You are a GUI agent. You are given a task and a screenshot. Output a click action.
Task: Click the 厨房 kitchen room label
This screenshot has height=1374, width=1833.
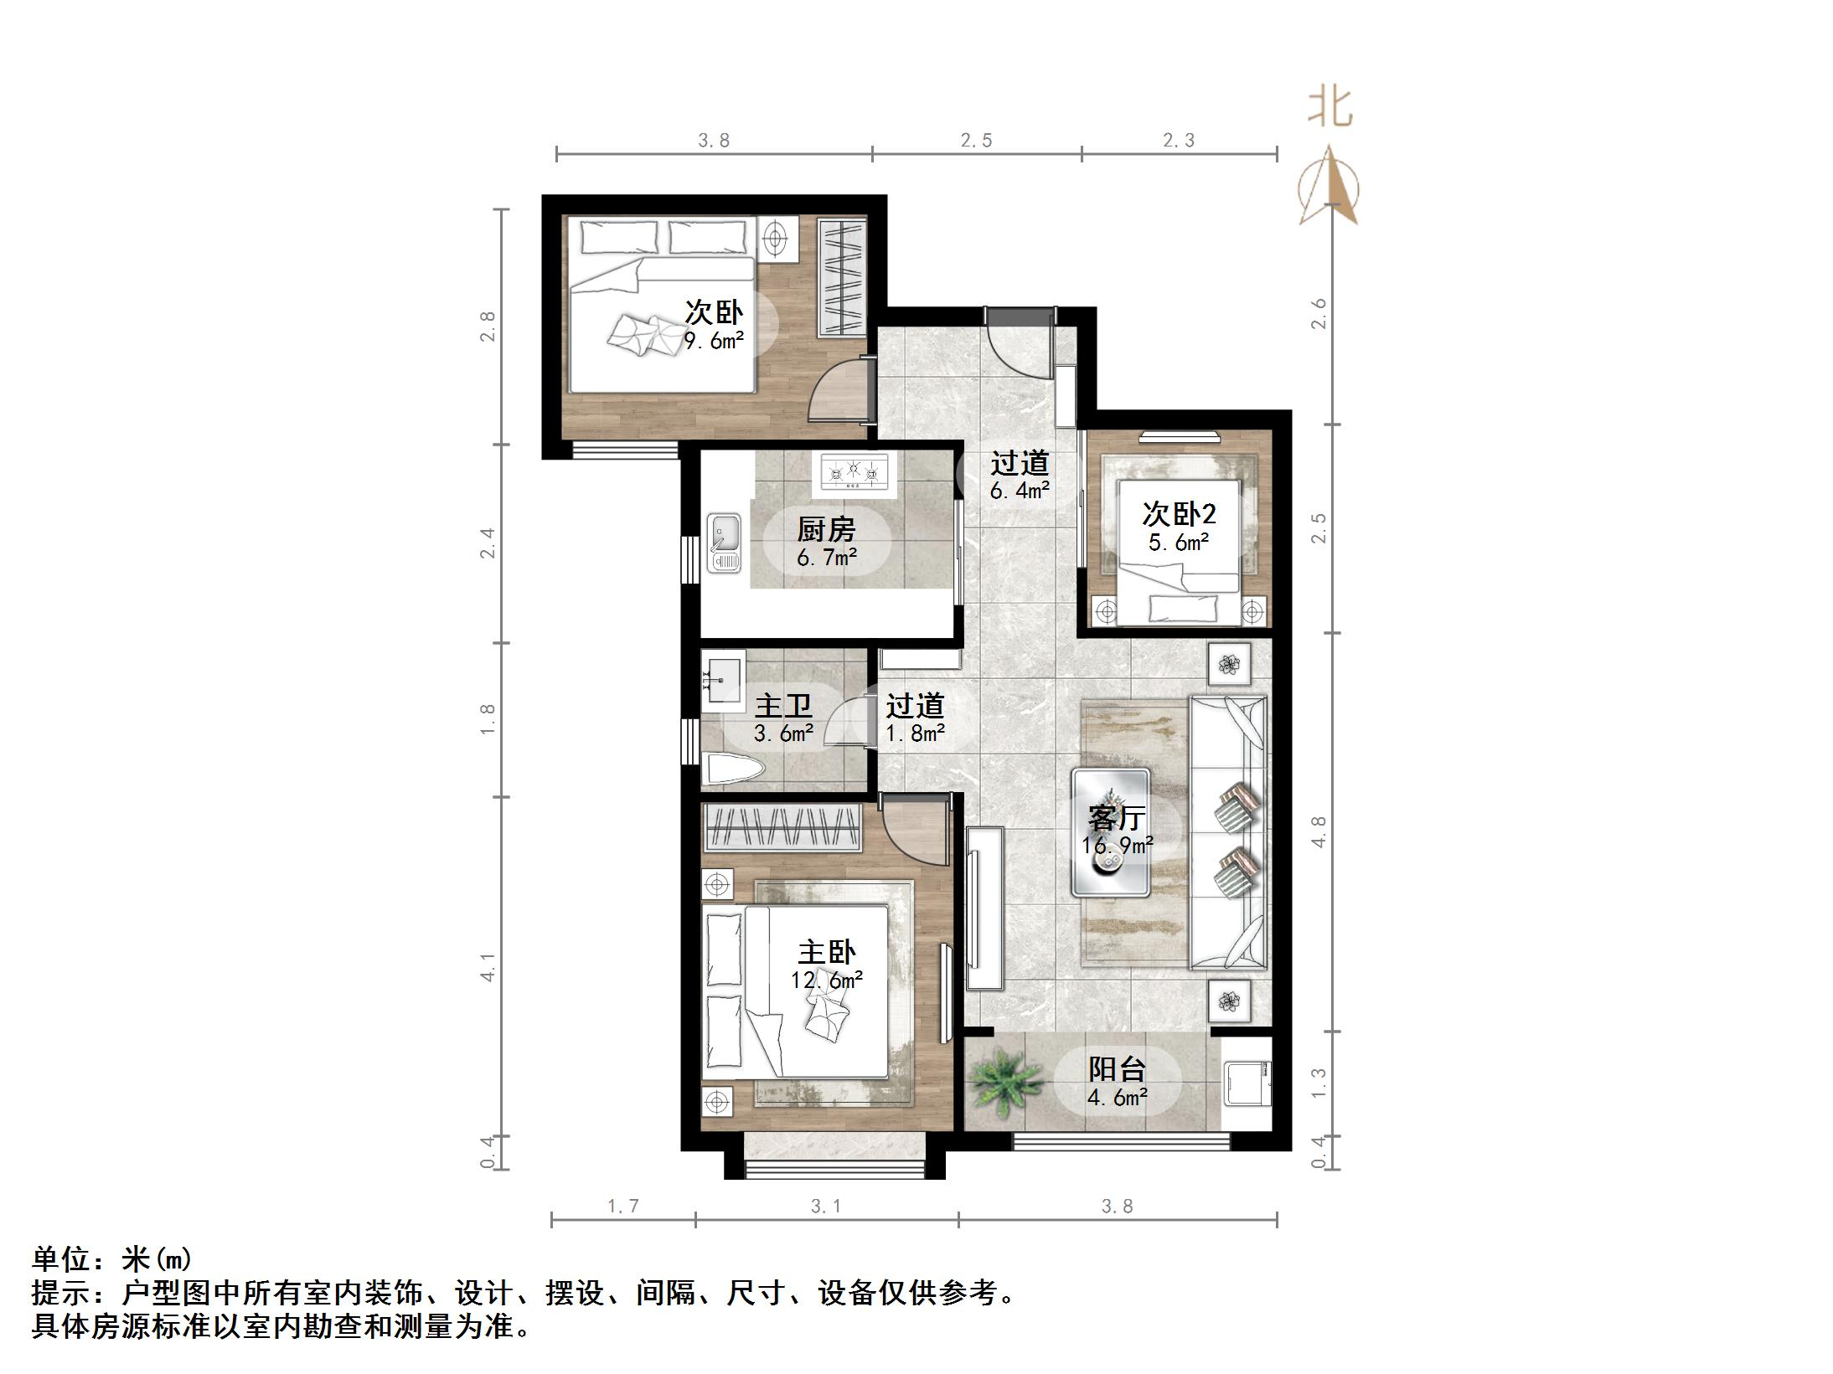pos(826,529)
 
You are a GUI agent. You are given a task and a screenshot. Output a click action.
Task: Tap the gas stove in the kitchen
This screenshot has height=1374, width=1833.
pos(854,471)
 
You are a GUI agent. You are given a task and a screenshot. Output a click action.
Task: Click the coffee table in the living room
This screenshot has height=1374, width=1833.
pos(1111,831)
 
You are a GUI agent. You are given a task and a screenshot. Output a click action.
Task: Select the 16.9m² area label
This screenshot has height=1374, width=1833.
pos(1117,846)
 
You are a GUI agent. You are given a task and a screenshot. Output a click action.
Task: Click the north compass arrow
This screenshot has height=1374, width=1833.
pos(1329,186)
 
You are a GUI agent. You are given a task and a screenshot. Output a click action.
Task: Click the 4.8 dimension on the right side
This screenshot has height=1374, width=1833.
pos(1319,831)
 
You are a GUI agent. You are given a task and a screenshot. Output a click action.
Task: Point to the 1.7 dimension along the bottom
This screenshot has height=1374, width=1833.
pos(622,1206)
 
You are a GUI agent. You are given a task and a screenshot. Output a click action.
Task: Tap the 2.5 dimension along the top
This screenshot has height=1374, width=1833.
pos(976,141)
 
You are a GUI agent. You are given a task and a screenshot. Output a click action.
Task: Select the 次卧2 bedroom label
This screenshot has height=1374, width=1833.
pos(1179,513)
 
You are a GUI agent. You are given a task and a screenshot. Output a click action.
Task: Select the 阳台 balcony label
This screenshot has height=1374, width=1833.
pos(1117,1069)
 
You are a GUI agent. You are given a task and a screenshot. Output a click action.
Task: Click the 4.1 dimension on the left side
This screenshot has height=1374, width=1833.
pos(488,968)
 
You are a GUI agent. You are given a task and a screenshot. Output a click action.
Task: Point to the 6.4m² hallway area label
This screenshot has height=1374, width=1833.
pos(1020,491)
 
